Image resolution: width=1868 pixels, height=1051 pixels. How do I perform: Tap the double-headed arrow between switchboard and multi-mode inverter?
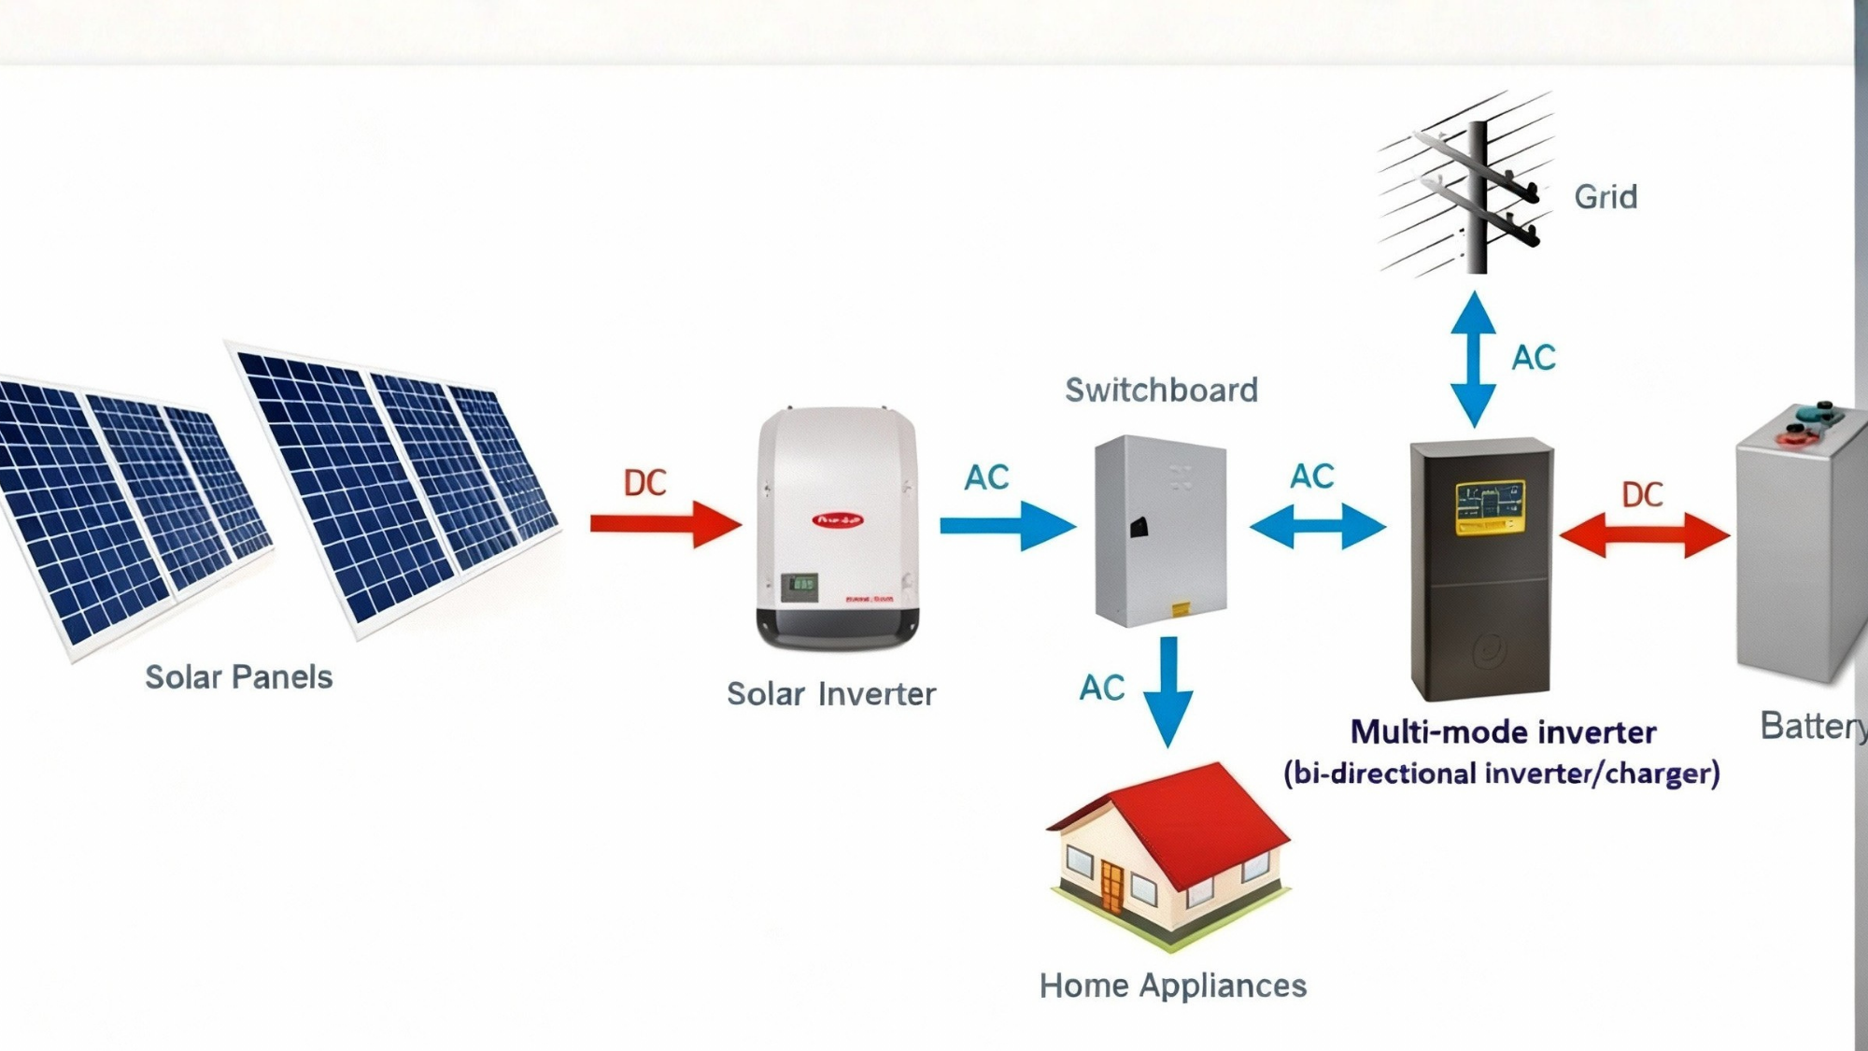pos(1317,526)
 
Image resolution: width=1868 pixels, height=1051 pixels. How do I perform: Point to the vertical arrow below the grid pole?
pos(1474,360)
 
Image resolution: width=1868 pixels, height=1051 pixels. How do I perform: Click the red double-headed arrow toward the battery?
pos(1644,536)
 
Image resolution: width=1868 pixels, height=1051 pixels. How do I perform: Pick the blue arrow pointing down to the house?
pos(1167,691)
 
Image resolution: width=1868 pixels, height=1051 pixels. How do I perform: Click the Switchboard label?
pos(1161,390)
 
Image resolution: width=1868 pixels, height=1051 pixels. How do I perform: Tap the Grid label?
pos(1605,197)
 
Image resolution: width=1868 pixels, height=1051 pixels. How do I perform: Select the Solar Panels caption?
pos(238,676)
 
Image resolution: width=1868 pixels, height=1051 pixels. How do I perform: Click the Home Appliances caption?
pos(1172,986)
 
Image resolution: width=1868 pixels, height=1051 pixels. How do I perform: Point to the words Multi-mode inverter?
pos(1503,731)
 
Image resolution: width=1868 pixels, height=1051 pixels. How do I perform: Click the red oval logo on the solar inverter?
pos(838,520)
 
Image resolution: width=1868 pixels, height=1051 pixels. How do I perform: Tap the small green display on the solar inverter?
pos(800,587)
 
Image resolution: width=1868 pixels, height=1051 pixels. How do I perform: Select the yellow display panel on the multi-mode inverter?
pos(1490,507)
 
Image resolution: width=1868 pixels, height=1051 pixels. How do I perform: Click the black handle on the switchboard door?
pos(1139,528)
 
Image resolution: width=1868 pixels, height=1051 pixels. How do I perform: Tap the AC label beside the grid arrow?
pos(1533,358)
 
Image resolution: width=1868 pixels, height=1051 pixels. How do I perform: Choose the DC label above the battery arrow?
pos(1642,495)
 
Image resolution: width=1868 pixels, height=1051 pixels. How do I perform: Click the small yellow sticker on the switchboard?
pos(1180,609)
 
